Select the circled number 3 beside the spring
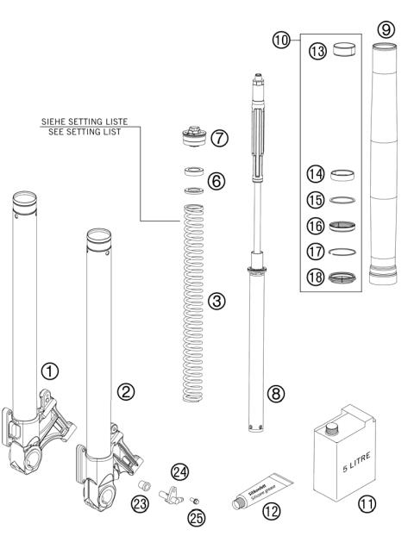(217, 301)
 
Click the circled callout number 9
(385, 28)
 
